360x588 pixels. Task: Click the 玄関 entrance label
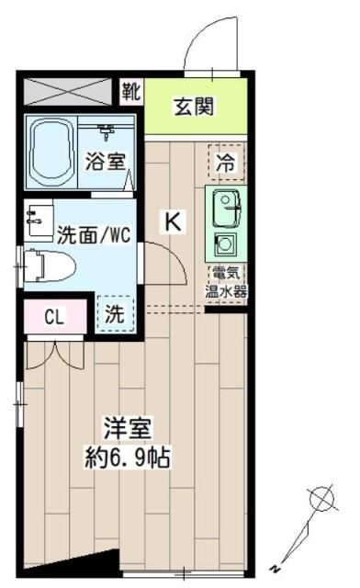pos(195,107)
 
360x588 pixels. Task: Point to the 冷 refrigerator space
pos(225,164)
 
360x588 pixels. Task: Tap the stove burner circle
pos(224,245)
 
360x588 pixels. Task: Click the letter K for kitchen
pos(173,221)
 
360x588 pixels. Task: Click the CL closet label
pos(55,318)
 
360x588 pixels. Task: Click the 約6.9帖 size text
pos(128,457)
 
